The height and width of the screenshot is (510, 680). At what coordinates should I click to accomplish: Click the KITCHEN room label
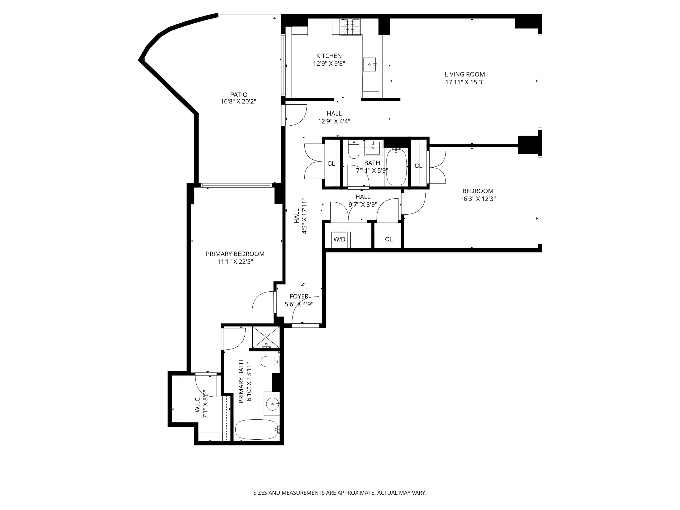click(x=329, y=56)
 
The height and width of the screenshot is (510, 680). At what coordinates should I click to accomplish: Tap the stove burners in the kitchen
click(x=350, y=27)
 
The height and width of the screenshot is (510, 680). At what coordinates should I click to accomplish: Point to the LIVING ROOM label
click(x=464, y=74)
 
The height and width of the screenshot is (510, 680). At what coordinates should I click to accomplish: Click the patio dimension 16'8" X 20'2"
click(x=238, y=102)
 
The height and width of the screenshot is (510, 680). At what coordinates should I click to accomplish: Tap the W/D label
click(x=339, y=239)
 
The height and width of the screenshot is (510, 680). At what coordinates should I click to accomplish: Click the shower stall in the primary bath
click(x=266, y=337)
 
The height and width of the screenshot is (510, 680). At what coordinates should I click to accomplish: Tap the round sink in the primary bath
click(x=272, y=404)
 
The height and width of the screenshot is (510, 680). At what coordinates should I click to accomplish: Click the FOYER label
click(x=299, y=296)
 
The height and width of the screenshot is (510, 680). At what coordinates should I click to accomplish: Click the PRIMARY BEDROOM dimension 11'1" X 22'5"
click(x=235, y=262)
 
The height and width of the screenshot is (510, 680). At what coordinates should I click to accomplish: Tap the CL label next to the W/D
click(x=389, y=239)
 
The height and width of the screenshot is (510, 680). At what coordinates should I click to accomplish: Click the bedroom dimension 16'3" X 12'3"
click(x=478, y=199)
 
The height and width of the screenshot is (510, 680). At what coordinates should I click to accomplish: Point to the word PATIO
click(x=238, y=95)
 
